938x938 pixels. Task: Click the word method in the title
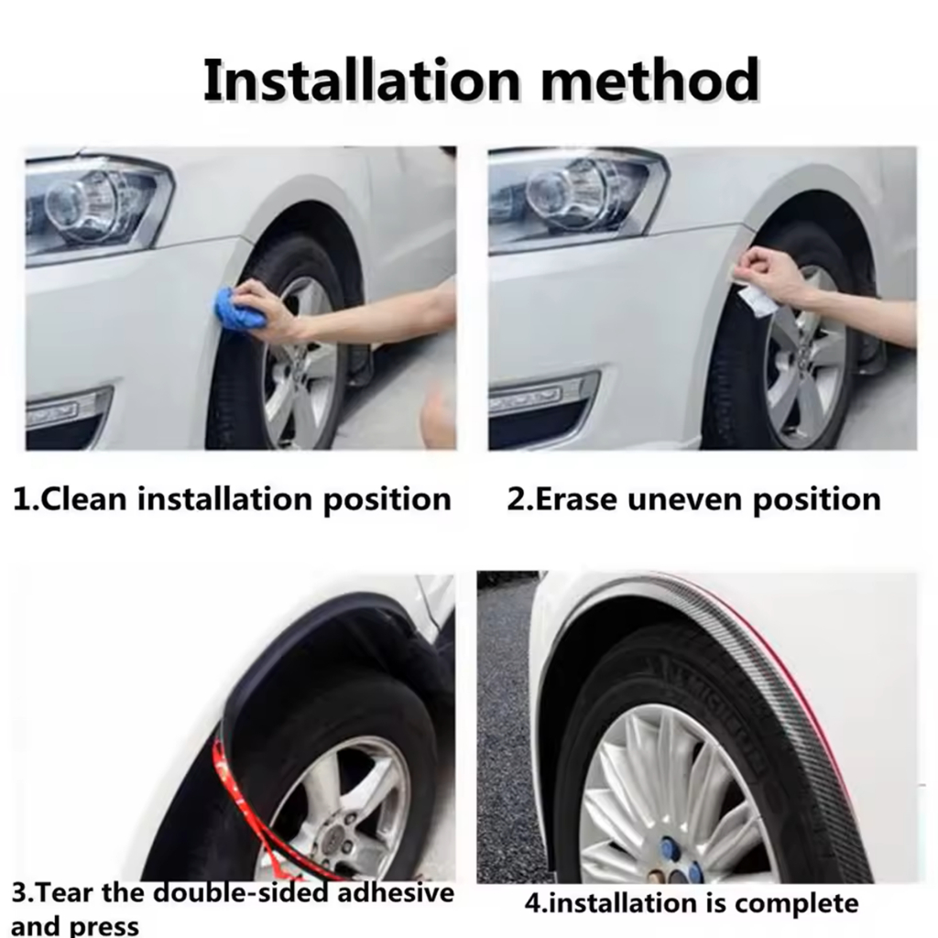tap(650, 81)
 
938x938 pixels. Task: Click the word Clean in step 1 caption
tap(83, 499)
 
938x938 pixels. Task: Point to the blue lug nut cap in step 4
tap(669, 848)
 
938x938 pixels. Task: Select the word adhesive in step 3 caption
tap(396, 893)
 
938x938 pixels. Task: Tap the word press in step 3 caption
tap(104, 925)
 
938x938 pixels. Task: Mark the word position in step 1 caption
tap(387, 500)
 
